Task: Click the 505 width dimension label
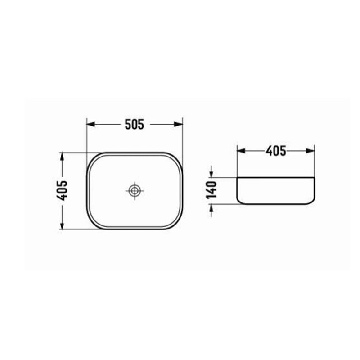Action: point(135,124)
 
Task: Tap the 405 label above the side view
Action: point(276,151)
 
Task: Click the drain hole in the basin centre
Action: point(134,191)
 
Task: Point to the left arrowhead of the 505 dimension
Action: point(90,124)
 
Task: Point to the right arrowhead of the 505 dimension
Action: point(180,124)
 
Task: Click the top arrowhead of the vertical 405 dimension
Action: point(62,156)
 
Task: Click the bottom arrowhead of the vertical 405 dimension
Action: point(62,226)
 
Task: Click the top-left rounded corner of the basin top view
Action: point(92,158)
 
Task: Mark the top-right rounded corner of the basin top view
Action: point(177,158)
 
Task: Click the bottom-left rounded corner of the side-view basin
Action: point(239,200)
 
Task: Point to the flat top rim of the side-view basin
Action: point(275,177)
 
